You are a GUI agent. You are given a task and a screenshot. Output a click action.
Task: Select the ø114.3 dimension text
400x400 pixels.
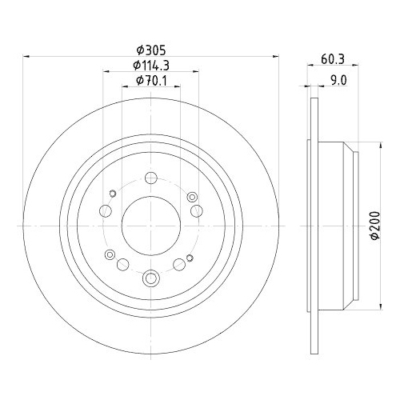[149, 65]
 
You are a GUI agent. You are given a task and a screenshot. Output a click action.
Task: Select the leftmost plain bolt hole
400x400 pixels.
[105, 210]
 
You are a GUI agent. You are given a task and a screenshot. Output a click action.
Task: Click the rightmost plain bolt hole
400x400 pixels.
[195, 210]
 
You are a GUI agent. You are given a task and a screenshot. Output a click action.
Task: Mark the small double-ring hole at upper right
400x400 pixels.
[190, 197]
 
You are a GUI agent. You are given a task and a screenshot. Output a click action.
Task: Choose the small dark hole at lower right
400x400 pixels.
[189, 257]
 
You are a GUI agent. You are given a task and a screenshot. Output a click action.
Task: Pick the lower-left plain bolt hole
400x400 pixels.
[122, 265]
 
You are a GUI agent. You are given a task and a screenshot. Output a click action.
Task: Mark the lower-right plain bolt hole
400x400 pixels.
[178, 265]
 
